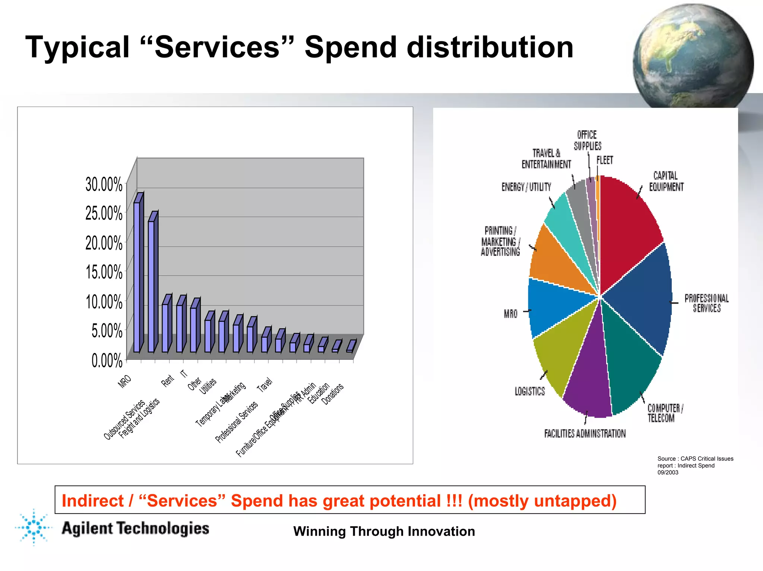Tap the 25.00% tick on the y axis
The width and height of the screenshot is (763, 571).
coord(104,213)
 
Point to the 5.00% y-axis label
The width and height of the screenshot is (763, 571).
coord(107,331)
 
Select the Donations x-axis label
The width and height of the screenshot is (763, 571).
coord(332,394)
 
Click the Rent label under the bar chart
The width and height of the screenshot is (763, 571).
coord(167,381)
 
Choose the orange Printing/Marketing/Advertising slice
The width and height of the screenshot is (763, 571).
coord(555,261)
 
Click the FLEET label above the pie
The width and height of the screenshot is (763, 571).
coord(605,160)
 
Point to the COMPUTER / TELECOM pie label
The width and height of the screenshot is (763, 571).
coord(665,413)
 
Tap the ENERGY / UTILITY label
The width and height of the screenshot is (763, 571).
coord(526,187)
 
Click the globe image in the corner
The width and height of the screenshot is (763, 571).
coord(693,56)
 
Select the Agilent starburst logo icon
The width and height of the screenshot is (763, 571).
coord(34,527)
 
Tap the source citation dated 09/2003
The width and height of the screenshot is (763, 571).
coord(695,466)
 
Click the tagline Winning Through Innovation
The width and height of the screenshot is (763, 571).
coord(384,531)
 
